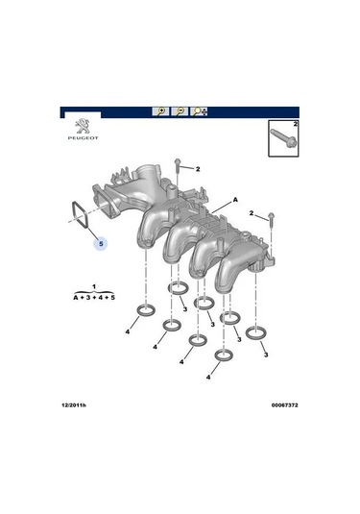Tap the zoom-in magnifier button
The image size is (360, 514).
coord(161,111)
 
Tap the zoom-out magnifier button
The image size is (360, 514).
coord(180,111)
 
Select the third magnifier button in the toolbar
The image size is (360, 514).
coord(200,111)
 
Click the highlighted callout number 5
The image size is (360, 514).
coord(100,245)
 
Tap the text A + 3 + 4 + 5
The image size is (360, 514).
coord(94,299)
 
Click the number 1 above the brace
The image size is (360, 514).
coord(94,287)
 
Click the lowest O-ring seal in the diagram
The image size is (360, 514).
coord(223,356)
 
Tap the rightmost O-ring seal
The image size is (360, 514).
coord(256,332)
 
